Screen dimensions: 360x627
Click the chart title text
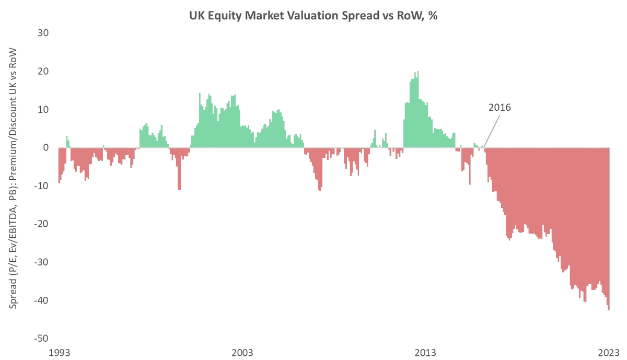click(313, 16)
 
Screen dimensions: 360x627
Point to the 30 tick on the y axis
click(42, 33)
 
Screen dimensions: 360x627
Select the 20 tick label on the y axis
click(42, 71)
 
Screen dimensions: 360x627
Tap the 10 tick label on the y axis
click(42, 110)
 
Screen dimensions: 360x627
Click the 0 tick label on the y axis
click(45, 148)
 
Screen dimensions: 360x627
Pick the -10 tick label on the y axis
click(41, 186)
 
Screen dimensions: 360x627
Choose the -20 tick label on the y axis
click(41, 224)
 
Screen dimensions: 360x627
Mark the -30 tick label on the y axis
click(41, 262)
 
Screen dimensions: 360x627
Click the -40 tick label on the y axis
click(41, 300)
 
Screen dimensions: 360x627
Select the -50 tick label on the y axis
click(41, 339)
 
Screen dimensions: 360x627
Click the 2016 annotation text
click(499, 108)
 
